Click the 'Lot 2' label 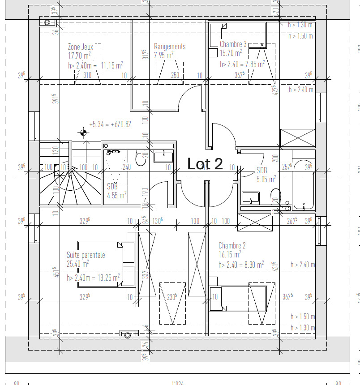205,164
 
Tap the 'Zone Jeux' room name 81,47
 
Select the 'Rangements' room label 169,47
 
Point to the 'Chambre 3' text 233,44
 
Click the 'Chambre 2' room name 232,246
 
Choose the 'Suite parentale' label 86,255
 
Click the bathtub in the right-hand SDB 304,185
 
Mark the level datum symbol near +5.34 83,132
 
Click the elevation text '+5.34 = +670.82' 110,124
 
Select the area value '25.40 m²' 77,264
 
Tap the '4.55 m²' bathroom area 116,195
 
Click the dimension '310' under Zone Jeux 87,75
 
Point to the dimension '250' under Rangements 175,75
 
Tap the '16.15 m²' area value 230,255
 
